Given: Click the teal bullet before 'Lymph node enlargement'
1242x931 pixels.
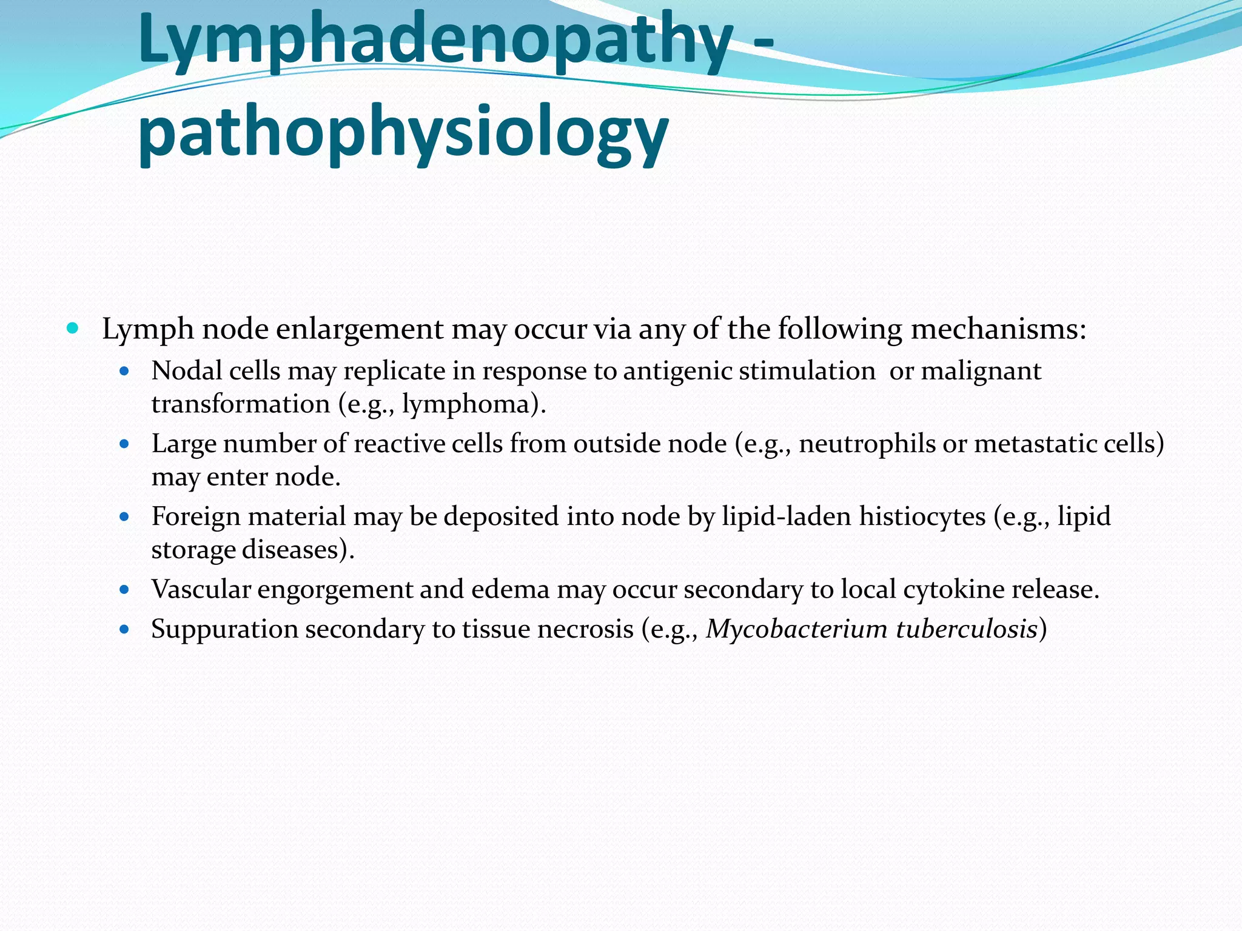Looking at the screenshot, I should (x=73, y=329).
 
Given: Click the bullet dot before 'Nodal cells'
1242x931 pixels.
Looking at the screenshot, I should (x=125, y=371).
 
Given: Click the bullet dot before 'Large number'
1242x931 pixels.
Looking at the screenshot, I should (x=125, y=444).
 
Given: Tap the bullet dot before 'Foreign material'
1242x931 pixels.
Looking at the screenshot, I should (x=125, y=517).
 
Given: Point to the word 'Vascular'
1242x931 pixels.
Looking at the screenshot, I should (x=201, y=589).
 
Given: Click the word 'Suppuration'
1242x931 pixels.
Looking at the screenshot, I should (x=224, y=629).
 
